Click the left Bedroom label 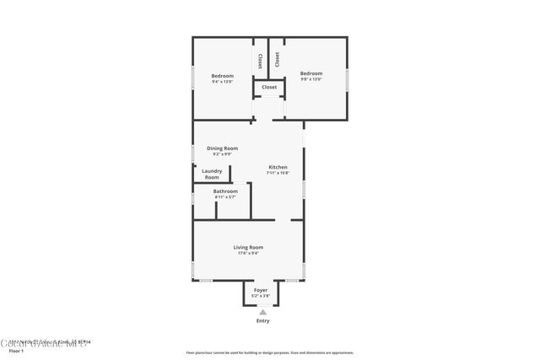(x=222, y=76)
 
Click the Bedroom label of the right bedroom (x=311, y=73)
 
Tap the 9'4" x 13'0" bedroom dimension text (x=222, y=81)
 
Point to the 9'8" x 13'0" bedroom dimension (x=311, y=79)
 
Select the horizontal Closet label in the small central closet (x=269, y=87)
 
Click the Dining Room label (x=222, y=148)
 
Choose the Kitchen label (x=278, y=166)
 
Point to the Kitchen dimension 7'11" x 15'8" (x=278, y=172)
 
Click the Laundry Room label (x=212, y=174)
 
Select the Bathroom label (x=225, y=191)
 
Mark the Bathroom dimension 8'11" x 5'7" (x=225, y=196)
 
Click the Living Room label (x=248, y=247)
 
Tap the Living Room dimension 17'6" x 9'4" (x=248, y=253)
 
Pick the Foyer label (x=261, y=290)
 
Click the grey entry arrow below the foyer (x=262, y=312)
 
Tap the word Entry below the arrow (x=263, y=321)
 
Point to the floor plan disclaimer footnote (x=269, y=352)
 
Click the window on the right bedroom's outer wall (x=347, y=83)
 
